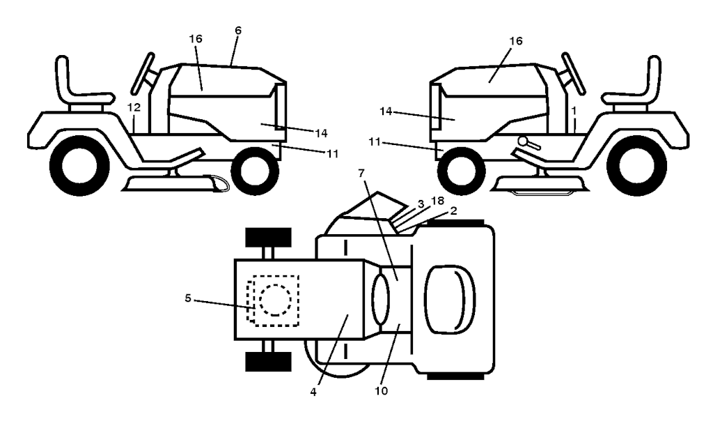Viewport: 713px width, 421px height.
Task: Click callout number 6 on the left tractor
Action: click(x=238, y=31)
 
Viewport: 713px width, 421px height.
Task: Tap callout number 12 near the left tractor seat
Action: click(x=134, y=108)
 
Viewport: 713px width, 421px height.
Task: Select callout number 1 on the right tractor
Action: click(x=574, y=110)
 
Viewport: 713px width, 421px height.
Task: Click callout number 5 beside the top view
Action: click(x=188, y=298)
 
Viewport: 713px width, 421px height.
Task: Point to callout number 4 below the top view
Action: click(x=313, y=392)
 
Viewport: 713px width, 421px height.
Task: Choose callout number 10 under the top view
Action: click(x=382, y=391)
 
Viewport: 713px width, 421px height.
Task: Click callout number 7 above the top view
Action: click(x=361, y=173)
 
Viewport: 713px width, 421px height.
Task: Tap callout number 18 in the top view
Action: click(x=437, y=201)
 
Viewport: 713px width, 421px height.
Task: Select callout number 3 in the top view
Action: click(x=421, y=204)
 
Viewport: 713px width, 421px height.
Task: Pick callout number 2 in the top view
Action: click(x=453, y=210)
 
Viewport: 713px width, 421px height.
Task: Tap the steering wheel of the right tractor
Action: click(x=574, y=74)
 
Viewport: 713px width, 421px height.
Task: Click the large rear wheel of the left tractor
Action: click(x=79, y=167)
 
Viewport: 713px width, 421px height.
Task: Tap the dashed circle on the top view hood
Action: click(x=275, y=300)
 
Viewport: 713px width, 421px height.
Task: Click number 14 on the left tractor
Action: click(x=320, y=133)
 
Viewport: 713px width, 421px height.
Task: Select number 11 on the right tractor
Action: click(x=375, y=142)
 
